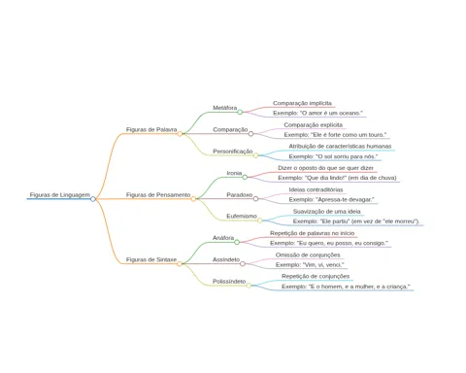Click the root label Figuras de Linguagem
pyautogui.click(x=60, y=195)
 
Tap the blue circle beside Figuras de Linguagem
pyautogui.click(x=93, y=199)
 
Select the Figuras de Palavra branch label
pyautogui.click(x=151, y=129)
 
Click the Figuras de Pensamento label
pyautogui.click(x=158, y=195)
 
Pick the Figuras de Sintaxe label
pyautogui.click(x=151, y=259)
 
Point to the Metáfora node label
pyautogui.click(x=225, y=108)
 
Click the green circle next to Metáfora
pyautogui.click(x=240, y=112)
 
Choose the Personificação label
pyautogui.click(x=233, y=152)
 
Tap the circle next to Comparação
pyautogui.click(x=250, y=134)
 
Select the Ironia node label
pyautogui.click(x=234, y=173)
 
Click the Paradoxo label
pyautogui.click(x=240, y=195)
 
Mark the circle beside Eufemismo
pyautogui.click(x=260, y=220)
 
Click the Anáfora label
pyautogui.click(x=223, y=238)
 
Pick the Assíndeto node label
pyautogui.click(x=226, y=259)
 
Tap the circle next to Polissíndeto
pyautogui.click(x=249, y=286)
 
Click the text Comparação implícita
pyautogui.click(x=302, y=103)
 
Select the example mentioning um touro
pyautogui.click(x=335, y=135)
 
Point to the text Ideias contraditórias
pyautogui.click(x=316, y=189)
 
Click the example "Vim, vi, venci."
pyautogui.click(x=310, y=265)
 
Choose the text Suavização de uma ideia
pyautogui.click(x=327, y=212)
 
